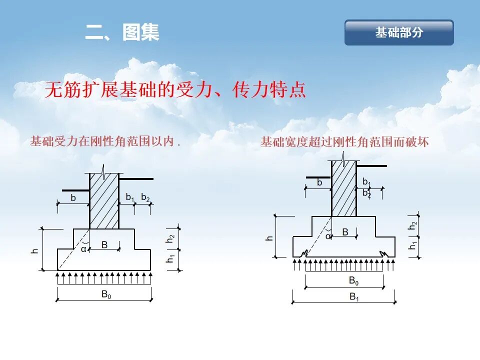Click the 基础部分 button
(399, 32)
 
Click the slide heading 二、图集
(122, 32)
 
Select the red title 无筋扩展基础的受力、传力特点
(175, 90)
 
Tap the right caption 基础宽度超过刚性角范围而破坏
(344, 142)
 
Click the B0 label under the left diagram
(106, 294)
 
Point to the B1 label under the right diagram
(354, 297)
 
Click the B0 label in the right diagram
(353, 281)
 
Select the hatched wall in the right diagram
(344, 188)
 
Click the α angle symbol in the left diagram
(83, 249)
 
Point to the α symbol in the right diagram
(328, 236)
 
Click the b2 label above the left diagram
(145, 197)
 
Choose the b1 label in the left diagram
(130, 197)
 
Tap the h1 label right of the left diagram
(170, 259)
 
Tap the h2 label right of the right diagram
(412, 226)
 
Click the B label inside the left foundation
(104, 244)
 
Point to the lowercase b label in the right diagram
(319, 182)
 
